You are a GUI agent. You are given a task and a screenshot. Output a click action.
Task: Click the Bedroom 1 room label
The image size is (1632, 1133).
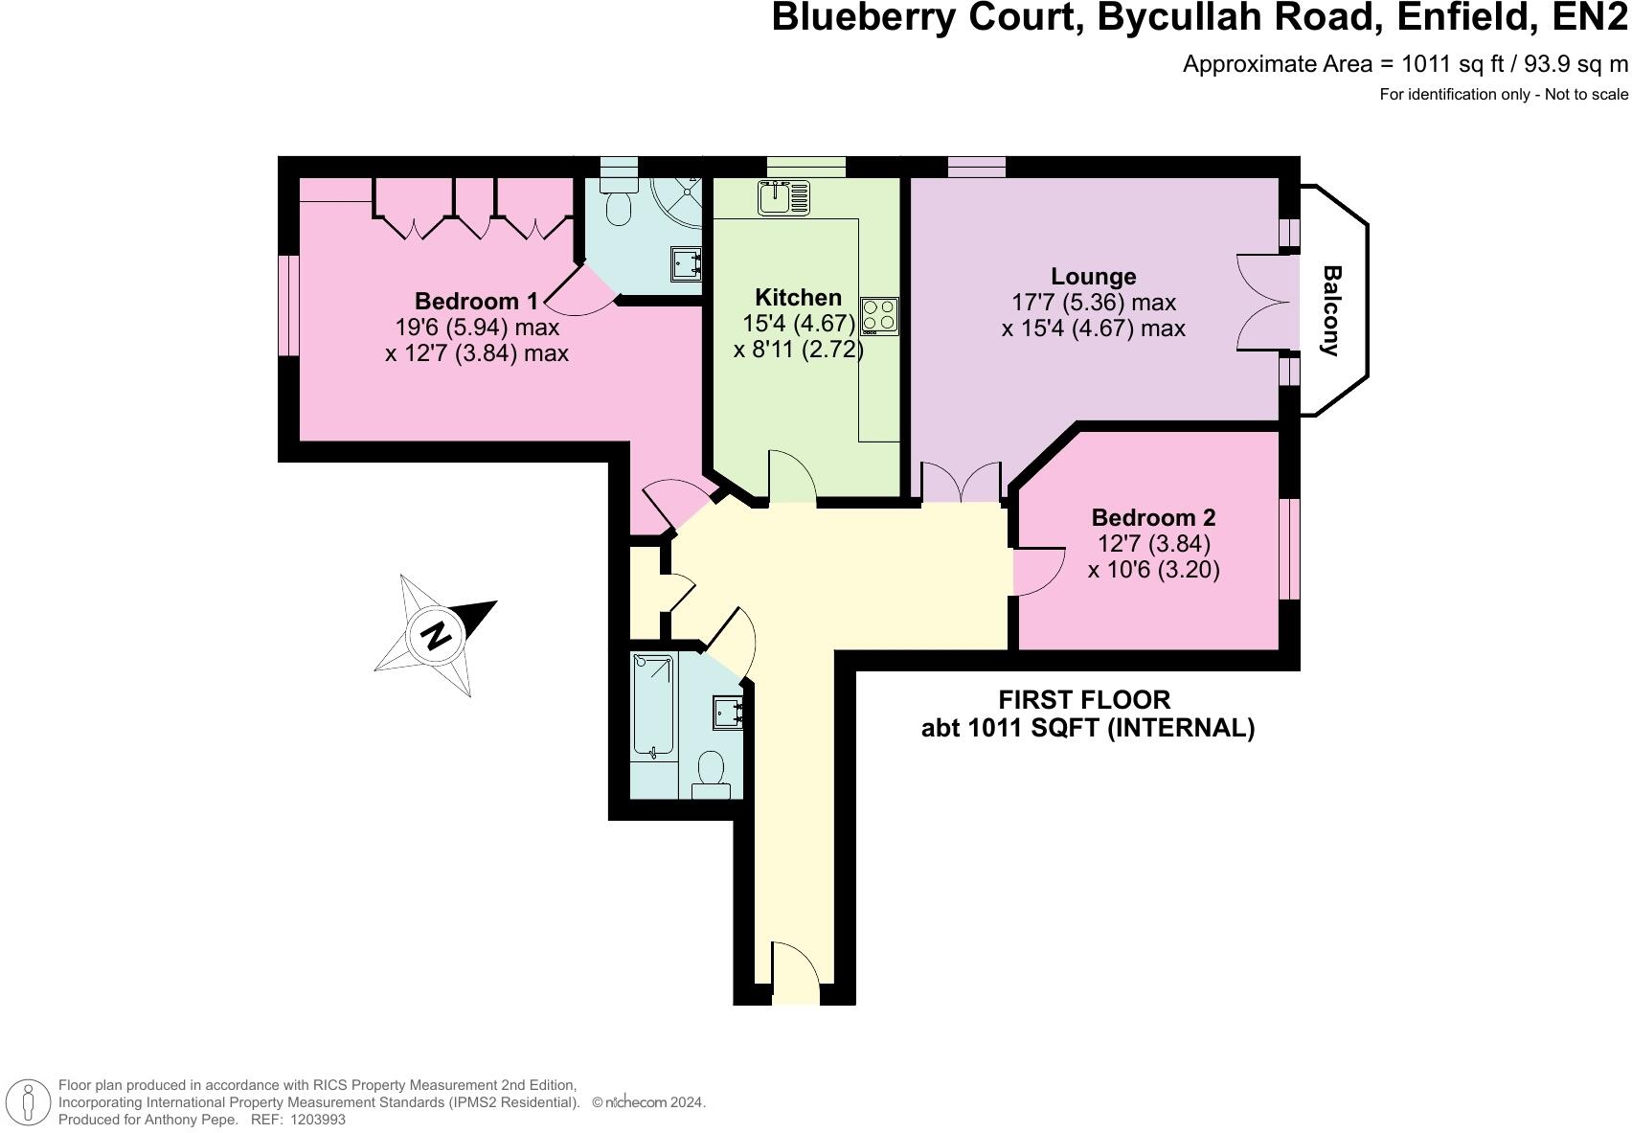pos(477,301)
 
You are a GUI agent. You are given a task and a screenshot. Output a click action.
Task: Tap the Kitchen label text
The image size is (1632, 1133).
pos(798,297)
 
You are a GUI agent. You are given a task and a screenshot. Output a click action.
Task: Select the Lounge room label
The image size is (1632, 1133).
pos(1093,277)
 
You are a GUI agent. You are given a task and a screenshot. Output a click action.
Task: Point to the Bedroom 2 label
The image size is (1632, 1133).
pos(1153,518)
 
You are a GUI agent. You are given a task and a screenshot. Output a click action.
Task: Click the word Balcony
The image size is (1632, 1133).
pos(1330,310)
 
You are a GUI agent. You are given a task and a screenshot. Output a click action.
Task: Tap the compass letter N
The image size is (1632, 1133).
pos(436,635)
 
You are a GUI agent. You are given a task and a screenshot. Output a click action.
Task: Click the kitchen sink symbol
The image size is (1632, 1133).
pos(783,198)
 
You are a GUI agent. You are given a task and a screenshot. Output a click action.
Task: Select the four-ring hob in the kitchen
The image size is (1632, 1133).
pos(879,315)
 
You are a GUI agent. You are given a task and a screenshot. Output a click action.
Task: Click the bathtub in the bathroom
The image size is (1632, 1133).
pos(653,704)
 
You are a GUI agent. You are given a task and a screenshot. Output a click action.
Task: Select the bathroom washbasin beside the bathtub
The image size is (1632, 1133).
pos(727,713)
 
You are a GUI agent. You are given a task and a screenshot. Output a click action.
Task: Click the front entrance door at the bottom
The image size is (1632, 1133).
pos(796,973)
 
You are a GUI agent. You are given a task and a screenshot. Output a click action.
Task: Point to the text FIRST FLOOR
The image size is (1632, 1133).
pos(1084,700)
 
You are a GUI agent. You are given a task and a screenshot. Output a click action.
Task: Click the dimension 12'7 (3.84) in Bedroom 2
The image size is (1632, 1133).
pos(1153,544)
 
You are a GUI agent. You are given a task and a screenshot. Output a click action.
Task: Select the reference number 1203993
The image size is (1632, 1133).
pos(314,1120)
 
